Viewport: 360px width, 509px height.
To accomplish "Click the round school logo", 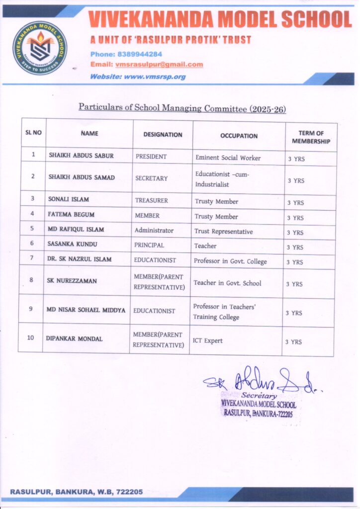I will tap(40, 48).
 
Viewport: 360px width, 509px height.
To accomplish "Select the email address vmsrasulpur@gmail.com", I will tap(159, 65).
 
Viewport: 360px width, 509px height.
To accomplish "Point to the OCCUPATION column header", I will tap(239, 136).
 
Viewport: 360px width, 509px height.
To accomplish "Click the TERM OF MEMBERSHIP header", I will tap(311, 137).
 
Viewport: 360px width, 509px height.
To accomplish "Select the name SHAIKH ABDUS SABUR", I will tap(81, 156).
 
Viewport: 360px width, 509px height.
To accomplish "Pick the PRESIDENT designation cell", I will tap(151, 157).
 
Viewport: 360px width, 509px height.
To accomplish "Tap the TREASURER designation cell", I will tap(152, 201).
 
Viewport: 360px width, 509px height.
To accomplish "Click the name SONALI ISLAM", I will tap(69, 199).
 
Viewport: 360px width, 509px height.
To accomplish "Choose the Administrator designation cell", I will tap(154, 231).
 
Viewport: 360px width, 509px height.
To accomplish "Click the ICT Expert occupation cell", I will tap(207, 341).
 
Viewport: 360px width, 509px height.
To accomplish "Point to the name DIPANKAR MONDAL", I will tap(74, 339).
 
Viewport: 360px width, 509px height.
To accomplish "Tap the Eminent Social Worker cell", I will tap(228, 158).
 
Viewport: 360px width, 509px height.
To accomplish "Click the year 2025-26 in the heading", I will tap(268, 109).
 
